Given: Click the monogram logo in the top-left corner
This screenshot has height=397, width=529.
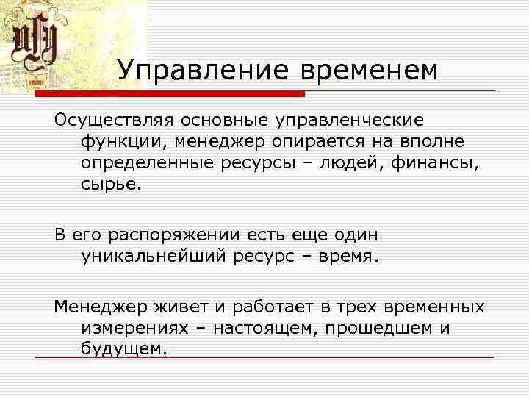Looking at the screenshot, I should pos(35,46).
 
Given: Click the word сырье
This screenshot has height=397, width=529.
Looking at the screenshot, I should pos(109,183).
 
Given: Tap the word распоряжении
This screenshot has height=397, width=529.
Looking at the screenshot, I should pos(179,235).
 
